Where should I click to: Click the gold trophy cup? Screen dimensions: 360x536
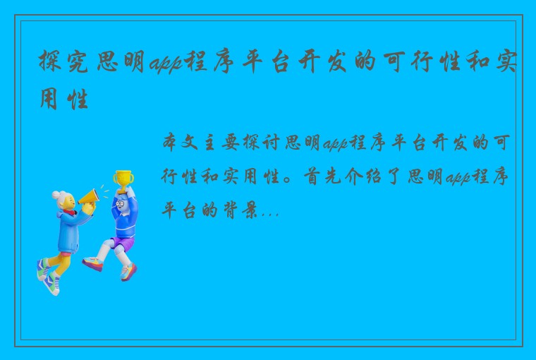coord(123,177)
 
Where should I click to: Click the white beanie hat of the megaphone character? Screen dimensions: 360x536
coord(61,197)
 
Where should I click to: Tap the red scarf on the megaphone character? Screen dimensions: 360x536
coord(68,212)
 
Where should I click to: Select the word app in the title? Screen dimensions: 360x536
coord(164,66)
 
